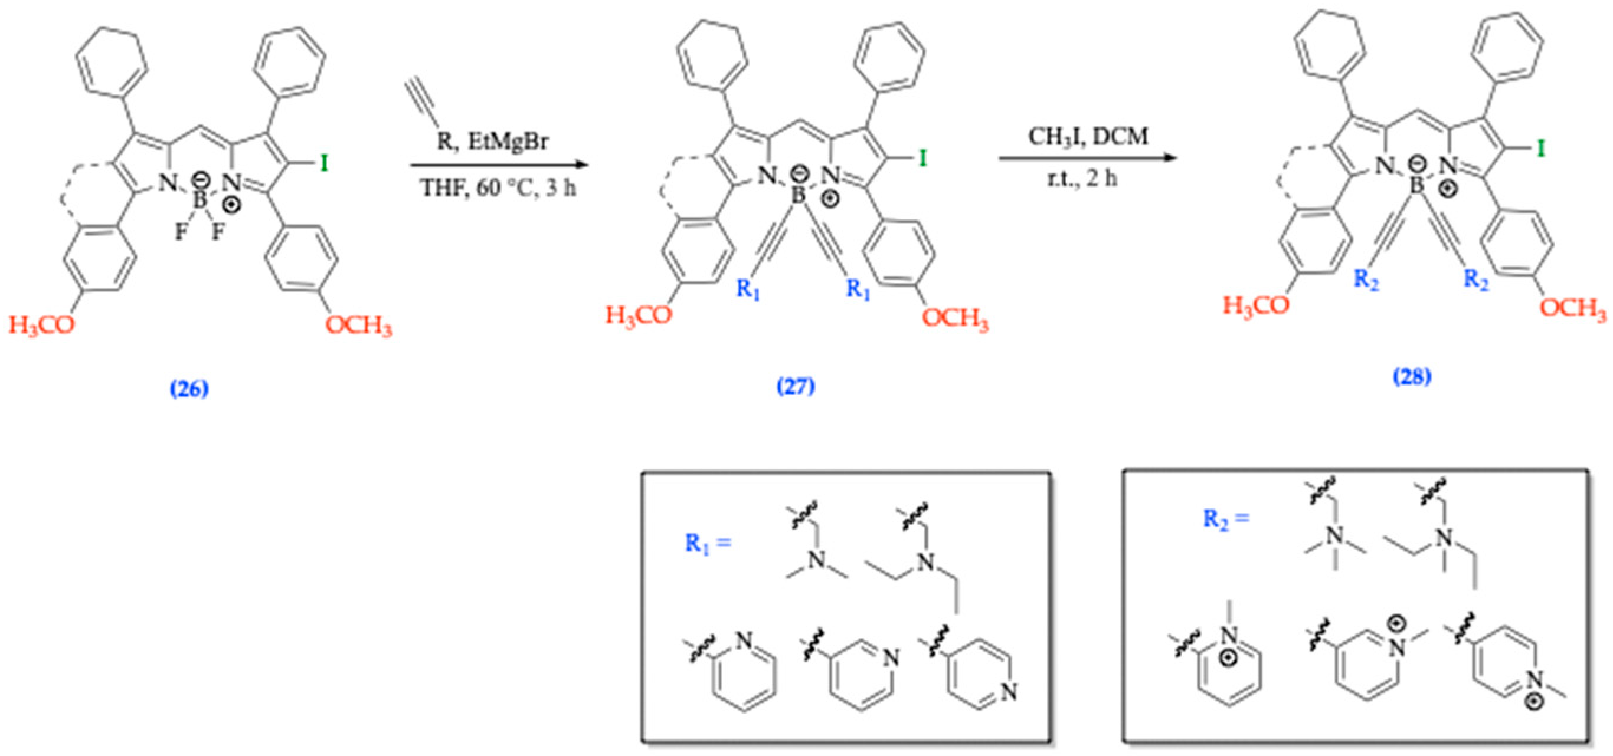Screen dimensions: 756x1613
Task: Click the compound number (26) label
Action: [x=189, y=389]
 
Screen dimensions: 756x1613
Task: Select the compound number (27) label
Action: [x=796, y=386]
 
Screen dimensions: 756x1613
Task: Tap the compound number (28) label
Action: [x=1412, y=377]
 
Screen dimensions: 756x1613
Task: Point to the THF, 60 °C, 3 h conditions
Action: [x=498, y=187]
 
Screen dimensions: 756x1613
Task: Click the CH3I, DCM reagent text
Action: [x=1088, y=136]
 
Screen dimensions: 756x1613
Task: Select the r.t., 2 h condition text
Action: [x=1082, y=179]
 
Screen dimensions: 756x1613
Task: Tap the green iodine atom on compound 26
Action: [x=324, y=164]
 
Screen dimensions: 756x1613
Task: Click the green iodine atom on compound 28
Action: [x=1540, y=149]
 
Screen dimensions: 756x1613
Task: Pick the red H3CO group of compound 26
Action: [x=41, y=324]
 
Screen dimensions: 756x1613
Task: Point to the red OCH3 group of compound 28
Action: [x=1572, y=308]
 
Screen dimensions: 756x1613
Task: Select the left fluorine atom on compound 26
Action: [x=181, y=232]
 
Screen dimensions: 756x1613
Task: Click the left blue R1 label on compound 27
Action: [x=748, y=289]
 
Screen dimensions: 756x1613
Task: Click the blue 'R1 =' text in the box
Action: [x=708, y=543]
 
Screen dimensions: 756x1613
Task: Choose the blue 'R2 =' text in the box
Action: [x=1225, y=519]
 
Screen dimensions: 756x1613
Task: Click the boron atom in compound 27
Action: [x=798, y=195]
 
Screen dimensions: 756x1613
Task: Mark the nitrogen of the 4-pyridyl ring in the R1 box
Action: [x=1008, y=691]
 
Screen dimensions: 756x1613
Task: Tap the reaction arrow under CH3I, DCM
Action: [x=1088, y=157]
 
